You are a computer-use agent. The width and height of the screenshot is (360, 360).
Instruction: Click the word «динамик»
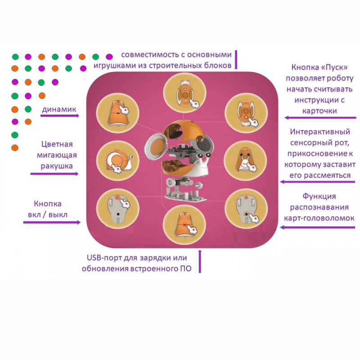(x=60, y=109)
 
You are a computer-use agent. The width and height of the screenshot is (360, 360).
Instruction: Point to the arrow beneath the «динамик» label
(x=59, y=116)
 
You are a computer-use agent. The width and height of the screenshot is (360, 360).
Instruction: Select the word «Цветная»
(x=57, y=144)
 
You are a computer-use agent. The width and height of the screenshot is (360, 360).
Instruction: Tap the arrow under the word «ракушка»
(x=55, y=174)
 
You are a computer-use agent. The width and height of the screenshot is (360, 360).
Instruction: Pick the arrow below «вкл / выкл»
(x=52, y=222)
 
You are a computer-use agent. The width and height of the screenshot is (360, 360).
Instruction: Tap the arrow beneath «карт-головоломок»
(x=318, y=227)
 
